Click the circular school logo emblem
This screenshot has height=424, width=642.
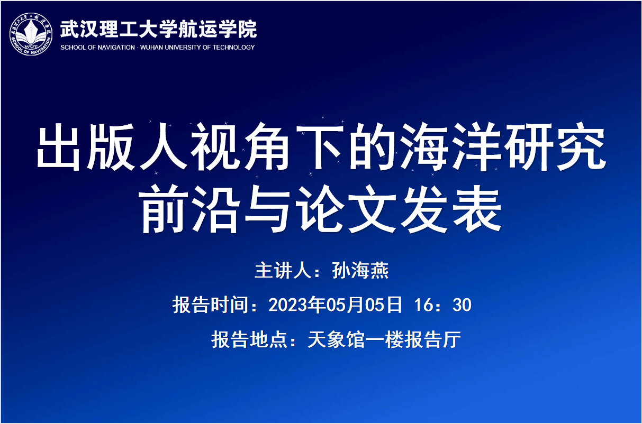point(31,34)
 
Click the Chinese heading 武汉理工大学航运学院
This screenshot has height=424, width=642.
point(158,29)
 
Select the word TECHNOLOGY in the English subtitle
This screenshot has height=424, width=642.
point(233,48)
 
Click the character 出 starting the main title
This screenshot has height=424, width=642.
point(58,147)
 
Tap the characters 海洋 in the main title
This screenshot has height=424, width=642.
point(450,146)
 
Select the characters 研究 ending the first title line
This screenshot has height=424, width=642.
point(555,146)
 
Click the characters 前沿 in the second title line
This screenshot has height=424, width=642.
point(189,208)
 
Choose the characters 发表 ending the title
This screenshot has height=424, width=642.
point(451,208)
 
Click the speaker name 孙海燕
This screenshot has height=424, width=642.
point(360,271)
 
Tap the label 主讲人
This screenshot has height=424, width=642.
point(283,271)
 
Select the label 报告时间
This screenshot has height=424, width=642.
point(210,305)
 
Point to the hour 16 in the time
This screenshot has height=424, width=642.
point(423,305)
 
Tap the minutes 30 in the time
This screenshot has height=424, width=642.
point(462,305)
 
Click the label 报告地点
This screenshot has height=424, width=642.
point(249,339)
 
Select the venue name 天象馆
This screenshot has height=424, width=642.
point(336,339)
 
